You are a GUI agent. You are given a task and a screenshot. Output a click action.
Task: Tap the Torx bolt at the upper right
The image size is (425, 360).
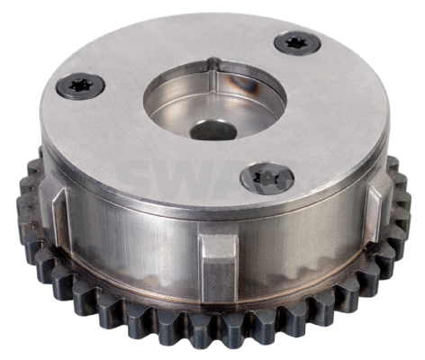(296, 42)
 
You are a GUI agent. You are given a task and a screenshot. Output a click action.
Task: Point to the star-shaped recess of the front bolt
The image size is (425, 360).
(267, 175)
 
